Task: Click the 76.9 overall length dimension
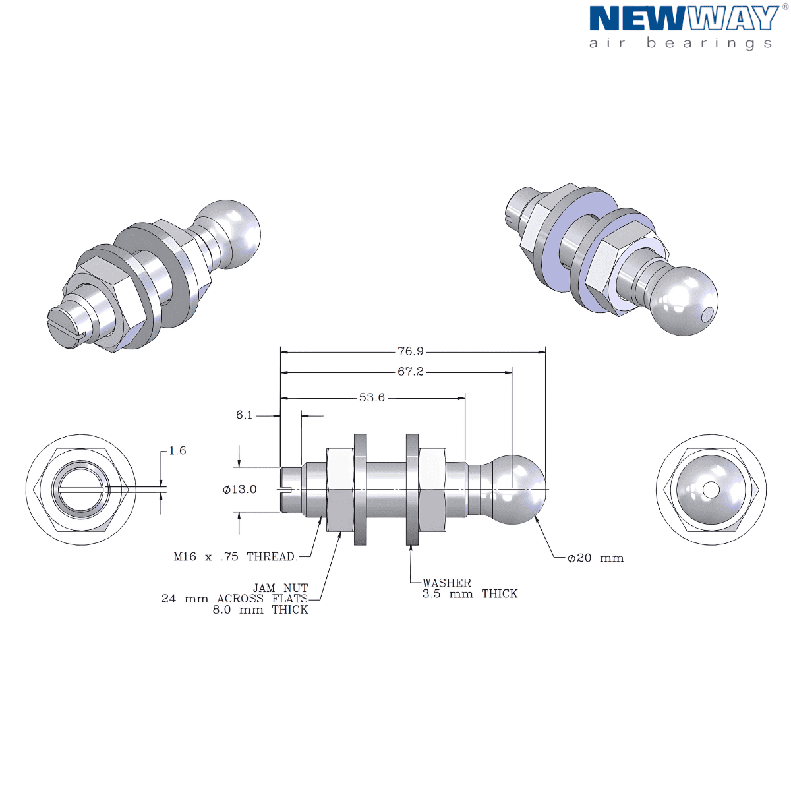(410, 351)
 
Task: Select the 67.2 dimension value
(410, 372)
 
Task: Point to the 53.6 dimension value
(372, 397)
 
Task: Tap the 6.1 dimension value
(244, 415)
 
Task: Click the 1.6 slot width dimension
(177, 450)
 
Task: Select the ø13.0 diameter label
(240, 489)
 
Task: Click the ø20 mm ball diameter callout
(595, 558)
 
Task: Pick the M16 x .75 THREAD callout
(235, 556)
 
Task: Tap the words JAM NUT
(280, 587)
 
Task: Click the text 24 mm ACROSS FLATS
(234, 599)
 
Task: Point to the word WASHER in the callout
(447, 583)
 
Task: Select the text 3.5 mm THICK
(469, 593)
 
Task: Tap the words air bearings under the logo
(680, 43)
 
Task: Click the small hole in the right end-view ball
(711, 490)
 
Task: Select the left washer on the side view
(361, 489)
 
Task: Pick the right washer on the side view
(413, 489)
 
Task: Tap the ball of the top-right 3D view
(682, 300)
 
